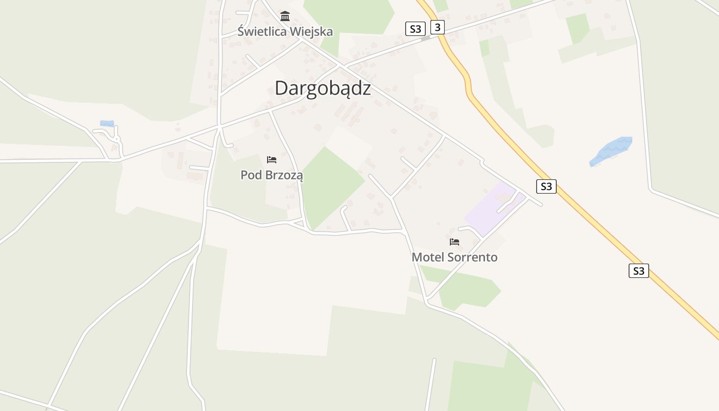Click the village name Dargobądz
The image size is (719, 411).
pyautogui.click(x=323, y=88)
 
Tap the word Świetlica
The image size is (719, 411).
pyautogui.click(x=262, y=31)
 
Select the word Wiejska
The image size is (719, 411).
pyautogui.click(x=311, y=31)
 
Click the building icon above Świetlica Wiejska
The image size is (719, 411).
pyautogui.click(x=285, y=16)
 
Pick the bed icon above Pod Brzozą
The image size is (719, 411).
pyautogui.click(x=272, y=160)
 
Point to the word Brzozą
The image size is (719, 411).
pyautogui.click(x=284, y=175)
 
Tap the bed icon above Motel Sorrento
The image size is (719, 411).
pyautogui.click(x=455, y=241)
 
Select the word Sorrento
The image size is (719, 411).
pyautogui.click(x=473, y=257)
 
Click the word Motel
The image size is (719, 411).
pyautogui.click(x=428, y=257)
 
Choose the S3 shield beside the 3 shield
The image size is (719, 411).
pyautogui.click(x=415, y=29)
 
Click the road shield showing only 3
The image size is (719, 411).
pyautogui.click(x=437, y=27)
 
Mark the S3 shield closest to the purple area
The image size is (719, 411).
pyautogui.click(x=546, y=186)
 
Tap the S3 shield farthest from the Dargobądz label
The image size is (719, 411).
pyautogui.click(x=638, y=271)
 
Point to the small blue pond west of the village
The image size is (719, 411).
pyautogui.click(x=107, y=123)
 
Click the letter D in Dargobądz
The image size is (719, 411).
pyautogui.click(x=280, y=88)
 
